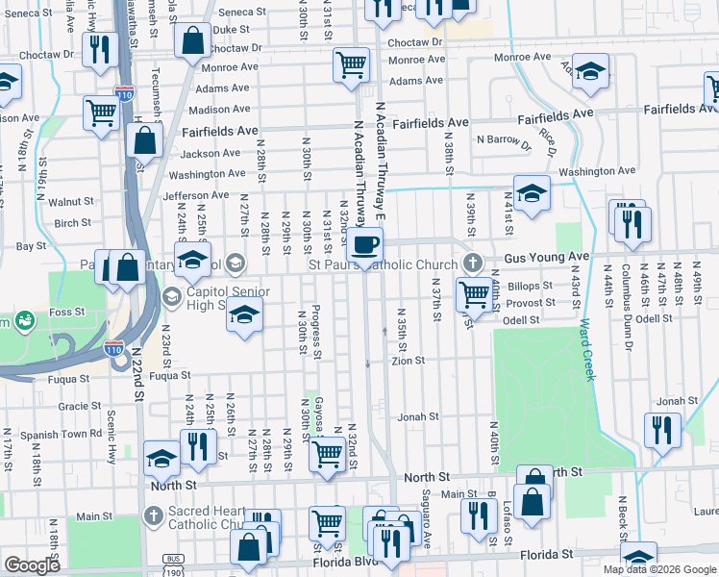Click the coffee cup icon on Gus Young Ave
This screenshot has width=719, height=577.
365,243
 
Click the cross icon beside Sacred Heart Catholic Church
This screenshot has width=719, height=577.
154,516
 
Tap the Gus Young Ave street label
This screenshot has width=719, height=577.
547,257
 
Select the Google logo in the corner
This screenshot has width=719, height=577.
32,565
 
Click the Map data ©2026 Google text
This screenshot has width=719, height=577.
658,569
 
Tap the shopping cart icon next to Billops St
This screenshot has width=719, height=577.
473,293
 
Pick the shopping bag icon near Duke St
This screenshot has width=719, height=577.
192,41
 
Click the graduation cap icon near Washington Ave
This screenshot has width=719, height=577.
531,192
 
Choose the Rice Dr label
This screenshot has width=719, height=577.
549,140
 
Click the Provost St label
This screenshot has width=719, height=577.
537,302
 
